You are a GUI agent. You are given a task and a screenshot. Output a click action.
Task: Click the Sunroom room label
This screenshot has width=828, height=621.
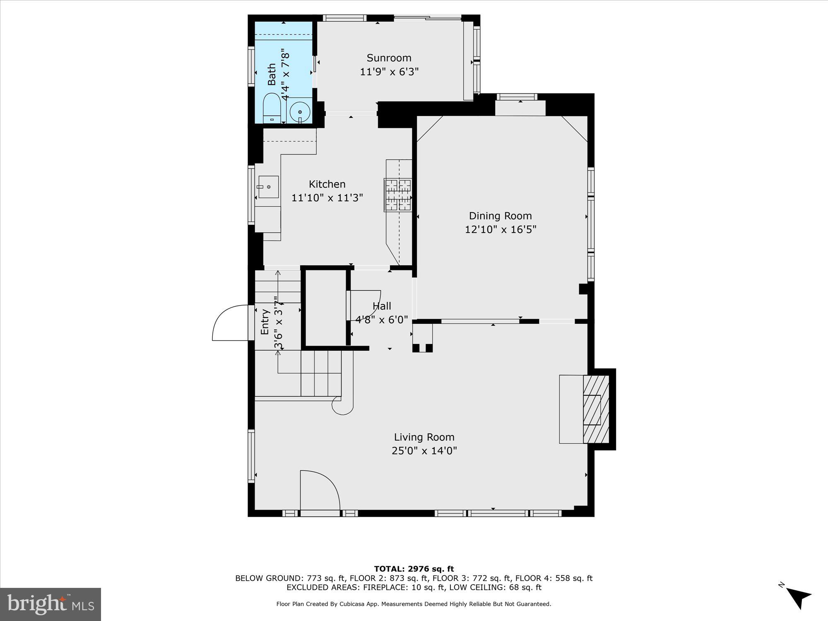coord(389,58)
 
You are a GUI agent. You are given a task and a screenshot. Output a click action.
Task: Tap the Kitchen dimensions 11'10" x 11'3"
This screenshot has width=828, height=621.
coord(327,198)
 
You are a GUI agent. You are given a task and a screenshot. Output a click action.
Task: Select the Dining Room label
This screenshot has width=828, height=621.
coord(500,216)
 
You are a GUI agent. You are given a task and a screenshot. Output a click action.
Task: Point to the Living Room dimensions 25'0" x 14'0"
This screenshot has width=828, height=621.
coord(424,451)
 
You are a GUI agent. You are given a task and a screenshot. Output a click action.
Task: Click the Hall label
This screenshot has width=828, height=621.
coord(381,306)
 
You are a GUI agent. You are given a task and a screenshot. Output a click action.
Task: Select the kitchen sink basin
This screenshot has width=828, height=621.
coord(268,187)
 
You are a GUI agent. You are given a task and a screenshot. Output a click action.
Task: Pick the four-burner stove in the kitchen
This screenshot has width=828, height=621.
coord(398,195)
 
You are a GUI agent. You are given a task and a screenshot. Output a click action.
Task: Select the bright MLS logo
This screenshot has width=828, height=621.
coord(51,604)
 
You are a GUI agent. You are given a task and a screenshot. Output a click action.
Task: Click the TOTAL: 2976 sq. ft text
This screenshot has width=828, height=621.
coord(414,569)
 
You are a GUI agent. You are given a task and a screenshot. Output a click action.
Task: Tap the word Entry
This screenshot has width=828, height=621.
coord(265,322)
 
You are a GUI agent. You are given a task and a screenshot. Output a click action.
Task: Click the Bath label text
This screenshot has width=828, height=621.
coord(272,74)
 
